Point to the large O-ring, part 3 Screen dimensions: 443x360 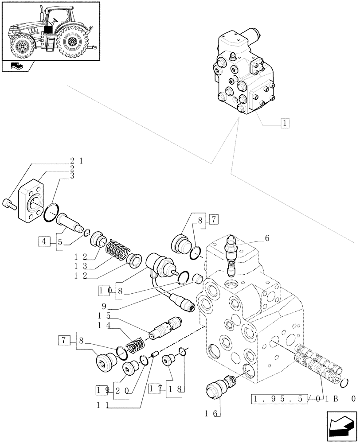tap(52, 212)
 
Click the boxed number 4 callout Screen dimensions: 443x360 tap(44, 241)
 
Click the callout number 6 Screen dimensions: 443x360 tap(267, 238)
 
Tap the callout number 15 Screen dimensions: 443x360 tap(104, 318)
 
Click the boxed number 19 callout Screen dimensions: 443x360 tap(102, 390)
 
